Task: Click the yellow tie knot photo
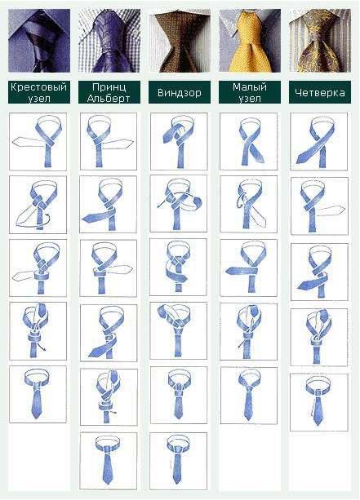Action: (x=250, y=41)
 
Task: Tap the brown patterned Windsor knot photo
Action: (x=180, y=41)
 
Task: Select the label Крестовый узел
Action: (x=39, y=92)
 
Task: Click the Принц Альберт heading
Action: (x=109, y=92)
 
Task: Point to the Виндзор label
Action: (x=180, y=92)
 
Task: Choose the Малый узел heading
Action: (x=250, y=92)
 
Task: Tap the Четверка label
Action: (x=320, y=92)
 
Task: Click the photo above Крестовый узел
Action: (x=39, y=41)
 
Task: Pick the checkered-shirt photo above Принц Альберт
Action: (x=109, y=41)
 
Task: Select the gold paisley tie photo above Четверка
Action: (x=320, y=41)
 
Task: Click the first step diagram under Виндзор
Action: (x=179, y=141)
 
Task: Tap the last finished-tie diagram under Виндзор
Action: (x=179, y=461)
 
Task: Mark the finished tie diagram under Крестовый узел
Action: (x=38, y=395)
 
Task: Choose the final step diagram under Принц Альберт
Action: (x=109, y=461)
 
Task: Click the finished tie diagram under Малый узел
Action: (x=249, y=396)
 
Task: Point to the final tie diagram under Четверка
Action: (x=319, y=402)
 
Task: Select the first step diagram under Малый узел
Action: (x=249, y=141)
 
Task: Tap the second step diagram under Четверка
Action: (x=319, y=206)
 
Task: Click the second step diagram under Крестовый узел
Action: (x=38, y=205)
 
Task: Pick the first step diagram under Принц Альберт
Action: (x=109, y=141)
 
